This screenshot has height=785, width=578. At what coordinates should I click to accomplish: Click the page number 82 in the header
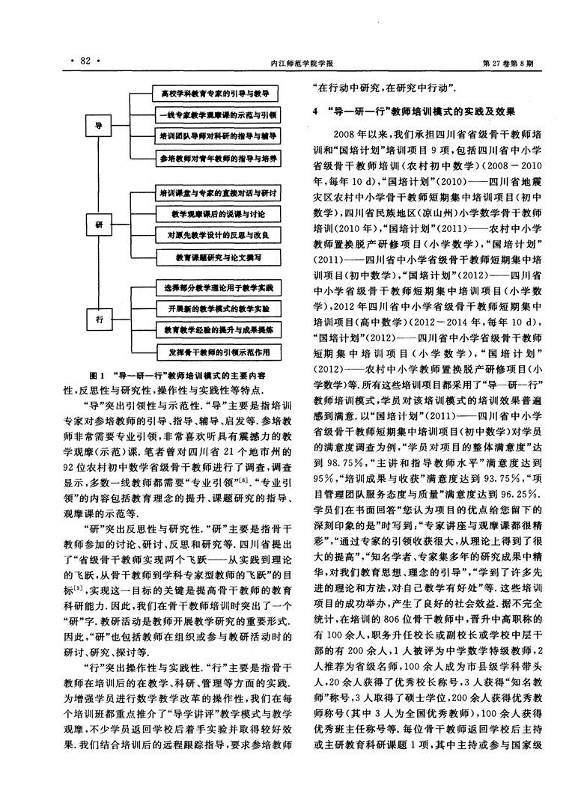tap(85, 61)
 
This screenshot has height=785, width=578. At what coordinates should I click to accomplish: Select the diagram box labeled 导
tap(99, 126)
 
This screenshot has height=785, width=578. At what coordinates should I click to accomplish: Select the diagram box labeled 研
tap(99, 225)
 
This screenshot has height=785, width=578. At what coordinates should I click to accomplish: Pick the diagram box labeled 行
tap(99, 320)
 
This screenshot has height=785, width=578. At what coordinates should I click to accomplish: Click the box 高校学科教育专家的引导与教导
tap(215, 94)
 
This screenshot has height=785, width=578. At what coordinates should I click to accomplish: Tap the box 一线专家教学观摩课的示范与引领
tap(216, 115)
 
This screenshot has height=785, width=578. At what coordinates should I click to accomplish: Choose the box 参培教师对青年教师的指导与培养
tap(217, 159)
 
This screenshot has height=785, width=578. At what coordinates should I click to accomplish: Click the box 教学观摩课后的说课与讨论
tap(218, 214)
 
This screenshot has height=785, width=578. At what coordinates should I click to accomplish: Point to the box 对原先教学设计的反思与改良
tap(218, 235)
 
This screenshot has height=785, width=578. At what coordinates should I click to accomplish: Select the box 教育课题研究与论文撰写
tap(219, 257)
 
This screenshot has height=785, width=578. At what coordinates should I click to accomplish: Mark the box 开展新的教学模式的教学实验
tap(219, 308)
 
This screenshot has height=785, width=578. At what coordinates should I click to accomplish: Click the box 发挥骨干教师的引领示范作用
tap(219, 352)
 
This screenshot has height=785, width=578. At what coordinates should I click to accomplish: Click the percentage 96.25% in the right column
tap(520, 495)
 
